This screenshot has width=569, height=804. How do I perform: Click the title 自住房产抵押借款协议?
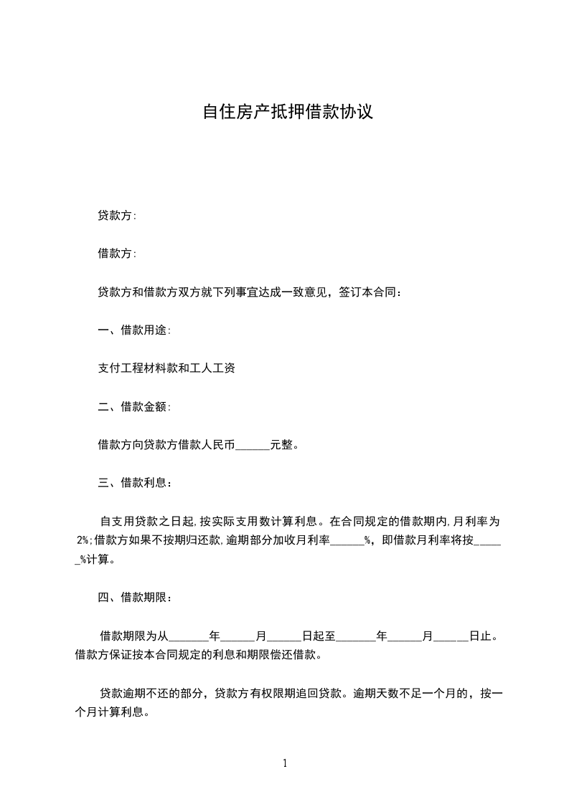288,113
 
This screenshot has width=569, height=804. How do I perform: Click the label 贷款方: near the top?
117,215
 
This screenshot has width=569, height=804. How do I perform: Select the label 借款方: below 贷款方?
117,254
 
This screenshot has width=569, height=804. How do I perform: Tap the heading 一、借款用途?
134,330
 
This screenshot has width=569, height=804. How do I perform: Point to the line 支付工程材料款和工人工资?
166,369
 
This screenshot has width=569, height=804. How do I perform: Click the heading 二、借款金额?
134,407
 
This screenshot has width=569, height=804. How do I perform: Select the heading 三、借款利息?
134,484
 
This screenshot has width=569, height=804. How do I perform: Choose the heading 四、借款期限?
134,597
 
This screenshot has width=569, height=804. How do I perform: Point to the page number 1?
285,763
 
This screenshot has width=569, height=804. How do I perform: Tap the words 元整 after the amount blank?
282,445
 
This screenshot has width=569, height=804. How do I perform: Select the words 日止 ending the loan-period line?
480,636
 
